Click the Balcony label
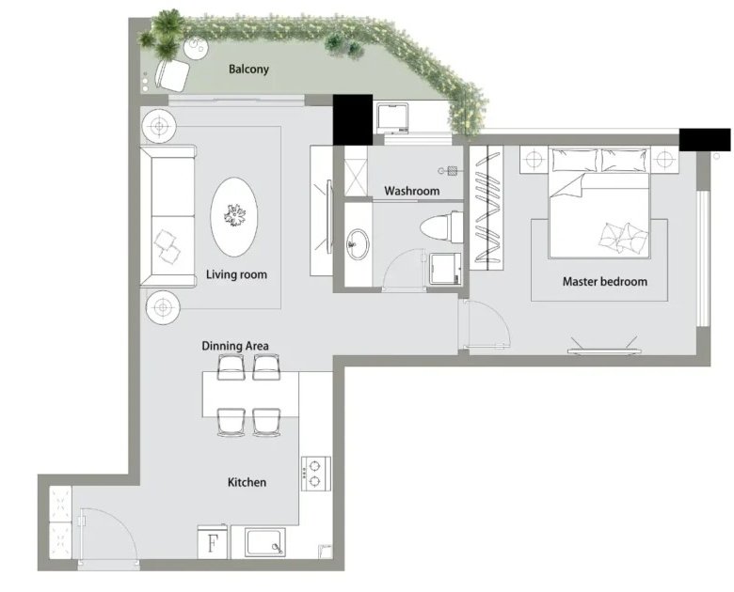coord(248,70)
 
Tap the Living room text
coord(236,274)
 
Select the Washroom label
coord(412,191)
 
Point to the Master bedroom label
coord(605,282)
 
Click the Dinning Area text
coord(235,346)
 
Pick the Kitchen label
coord(247,482)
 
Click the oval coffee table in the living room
coord(234,217)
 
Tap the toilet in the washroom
coord(441,227)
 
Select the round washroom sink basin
coord(359,243)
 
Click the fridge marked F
coord(213,541)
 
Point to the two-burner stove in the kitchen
coord(316,474)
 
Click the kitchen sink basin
coord(265,542)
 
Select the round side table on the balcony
coord(196,47)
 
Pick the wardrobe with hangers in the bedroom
coord(487,208)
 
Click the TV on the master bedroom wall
coord(604,350)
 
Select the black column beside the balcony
coord(353,119)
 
